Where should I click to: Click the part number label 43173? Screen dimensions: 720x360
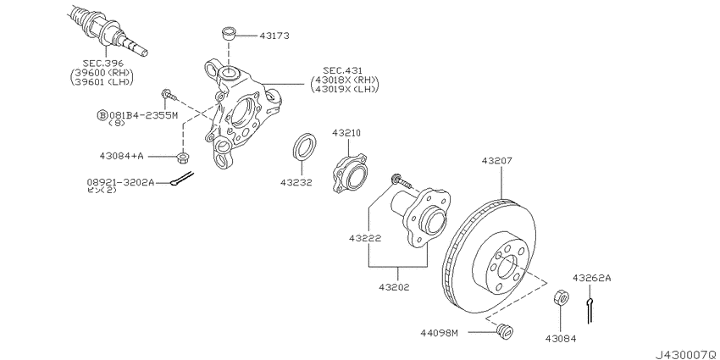coord(274,36)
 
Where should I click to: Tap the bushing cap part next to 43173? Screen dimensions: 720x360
coord(228,34)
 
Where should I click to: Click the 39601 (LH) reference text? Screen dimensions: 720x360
coord(101,81)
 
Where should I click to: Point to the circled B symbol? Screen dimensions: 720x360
coord(101,115)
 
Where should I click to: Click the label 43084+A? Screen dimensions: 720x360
coord(122,156)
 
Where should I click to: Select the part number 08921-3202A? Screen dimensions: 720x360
coord(120,182)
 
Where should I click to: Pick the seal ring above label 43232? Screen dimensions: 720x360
coord(304,147)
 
